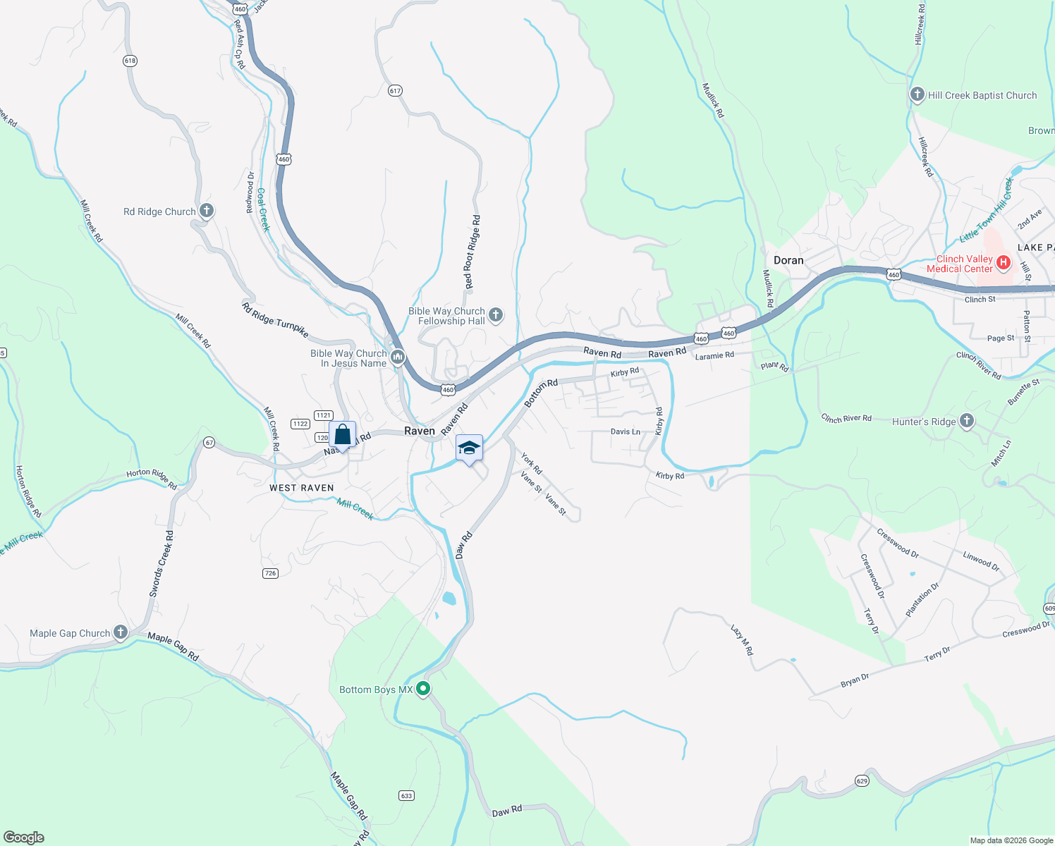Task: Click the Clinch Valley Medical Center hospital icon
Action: [1004, 264]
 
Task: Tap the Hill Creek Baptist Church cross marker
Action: [917, 94]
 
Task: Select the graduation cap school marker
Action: [469, 448]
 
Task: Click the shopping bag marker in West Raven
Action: [342, 435]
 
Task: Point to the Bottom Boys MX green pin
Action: [423, 689]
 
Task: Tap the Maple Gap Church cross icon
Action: [121, 632]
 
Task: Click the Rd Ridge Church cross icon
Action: [206, 210]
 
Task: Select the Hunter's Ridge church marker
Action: [967, 421]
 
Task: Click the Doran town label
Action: [788, 260]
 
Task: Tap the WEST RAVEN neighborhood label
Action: [302, 488]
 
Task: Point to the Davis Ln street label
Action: [626, 431]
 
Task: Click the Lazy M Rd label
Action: [742, 640]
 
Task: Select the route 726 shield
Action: [270, 573]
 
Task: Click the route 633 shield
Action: [406, 795]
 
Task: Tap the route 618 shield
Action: [130, 61]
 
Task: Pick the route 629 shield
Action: [862, 780]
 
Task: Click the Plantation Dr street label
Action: [922, 600]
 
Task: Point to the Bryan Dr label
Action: [855, 681]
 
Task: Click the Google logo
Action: [24, 838]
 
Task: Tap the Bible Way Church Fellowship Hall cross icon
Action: [496, 314]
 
